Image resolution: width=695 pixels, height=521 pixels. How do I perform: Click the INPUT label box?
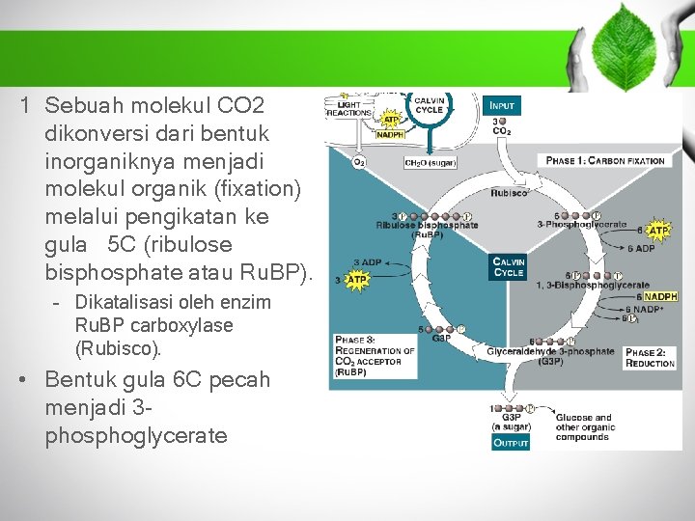(502, 104)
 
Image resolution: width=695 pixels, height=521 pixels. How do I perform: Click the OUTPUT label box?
(511, 443)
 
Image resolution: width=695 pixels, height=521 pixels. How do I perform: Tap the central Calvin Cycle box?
(509, 267)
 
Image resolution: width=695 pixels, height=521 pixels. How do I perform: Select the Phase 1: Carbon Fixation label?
(605, 160)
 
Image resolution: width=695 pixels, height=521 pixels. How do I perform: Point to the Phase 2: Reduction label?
(650, 358)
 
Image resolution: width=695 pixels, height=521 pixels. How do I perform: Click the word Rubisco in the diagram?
(509, 193)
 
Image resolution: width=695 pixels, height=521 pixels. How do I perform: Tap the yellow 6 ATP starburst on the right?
(657, 231)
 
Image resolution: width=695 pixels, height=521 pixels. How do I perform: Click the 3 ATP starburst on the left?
(356, 280)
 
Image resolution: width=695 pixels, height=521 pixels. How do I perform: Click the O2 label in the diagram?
(359, 162)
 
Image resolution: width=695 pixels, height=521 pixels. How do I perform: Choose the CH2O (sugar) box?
(430, 162)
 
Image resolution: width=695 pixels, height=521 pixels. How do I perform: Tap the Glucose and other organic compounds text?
(583, 427)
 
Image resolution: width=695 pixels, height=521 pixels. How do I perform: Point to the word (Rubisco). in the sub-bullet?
(119, 348)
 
